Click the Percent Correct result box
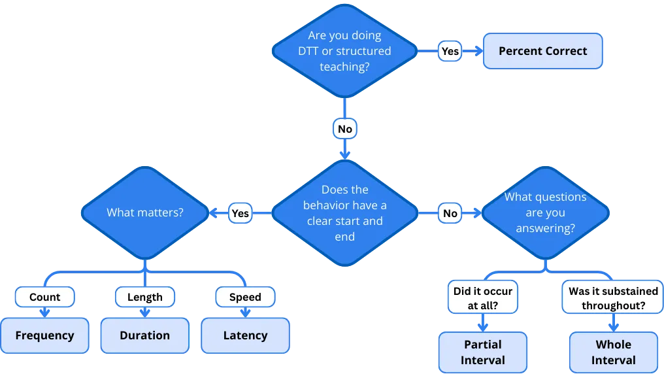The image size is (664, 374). click(x=542, y=51)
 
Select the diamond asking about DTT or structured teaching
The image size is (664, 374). click(x=344, y=51)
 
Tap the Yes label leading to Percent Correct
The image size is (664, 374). click(x=450, y=51)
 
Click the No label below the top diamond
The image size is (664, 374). click(x=344, y=129)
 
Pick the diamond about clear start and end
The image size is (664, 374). click(x=344, y=213)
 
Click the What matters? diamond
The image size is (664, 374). click(x=144, y=212)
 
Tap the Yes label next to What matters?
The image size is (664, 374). click(x=240, y=213)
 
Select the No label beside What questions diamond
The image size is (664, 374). click(x=450, y=213)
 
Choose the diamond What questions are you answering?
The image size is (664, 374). click(x=545, y=213)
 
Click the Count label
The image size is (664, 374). click(x=44, y=297)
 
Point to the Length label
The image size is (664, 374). click(x=144, y=297)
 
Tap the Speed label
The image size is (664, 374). click(x=245, y=297)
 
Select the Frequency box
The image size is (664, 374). click(x=44, y=335)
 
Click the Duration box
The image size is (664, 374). click(x=144, y=335)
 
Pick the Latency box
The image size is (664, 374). click(x=245, y=335)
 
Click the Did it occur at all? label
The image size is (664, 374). click(x=483, y=297)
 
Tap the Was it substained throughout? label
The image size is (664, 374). click(x=613, y=297)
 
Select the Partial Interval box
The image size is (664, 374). click(x=483, y=352)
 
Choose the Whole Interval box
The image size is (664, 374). click(x=613, y=352)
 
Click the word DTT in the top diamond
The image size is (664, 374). click(x=304, y=51)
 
